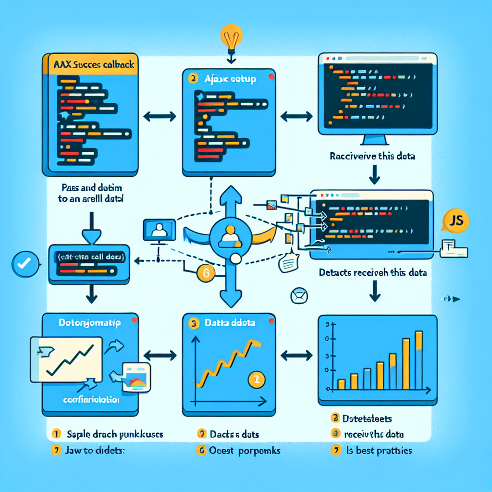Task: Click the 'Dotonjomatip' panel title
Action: click(x=90, y=323)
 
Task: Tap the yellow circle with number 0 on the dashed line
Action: click(x=205, y=274)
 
